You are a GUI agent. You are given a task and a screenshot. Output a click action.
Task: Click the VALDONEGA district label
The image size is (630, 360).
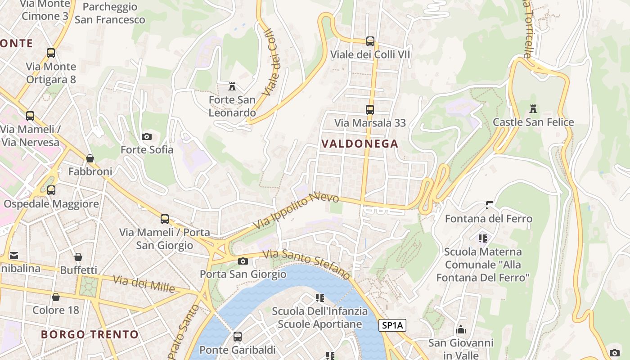point(360,144)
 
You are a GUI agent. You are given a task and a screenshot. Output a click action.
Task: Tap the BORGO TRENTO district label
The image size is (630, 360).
point(90,334)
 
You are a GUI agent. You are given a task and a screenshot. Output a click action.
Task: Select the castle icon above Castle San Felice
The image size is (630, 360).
point(533,108)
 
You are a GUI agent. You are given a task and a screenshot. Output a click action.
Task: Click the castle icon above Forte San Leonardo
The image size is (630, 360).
point(232,86)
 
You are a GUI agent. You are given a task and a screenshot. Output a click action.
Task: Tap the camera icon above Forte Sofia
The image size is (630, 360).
point(147,136)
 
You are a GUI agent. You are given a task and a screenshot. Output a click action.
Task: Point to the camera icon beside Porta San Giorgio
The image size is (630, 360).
point(243,261)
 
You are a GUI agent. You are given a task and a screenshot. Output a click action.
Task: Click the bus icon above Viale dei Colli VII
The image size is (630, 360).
point(370,41)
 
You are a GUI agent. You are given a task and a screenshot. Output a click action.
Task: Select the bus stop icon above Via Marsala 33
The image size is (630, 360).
point(370,110)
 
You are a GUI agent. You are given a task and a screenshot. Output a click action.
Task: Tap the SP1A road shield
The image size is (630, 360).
point(392,325)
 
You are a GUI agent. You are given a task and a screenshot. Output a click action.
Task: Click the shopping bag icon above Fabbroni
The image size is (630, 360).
point(90,158)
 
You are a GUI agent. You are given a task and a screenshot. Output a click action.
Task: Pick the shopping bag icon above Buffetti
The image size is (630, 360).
point(78,257)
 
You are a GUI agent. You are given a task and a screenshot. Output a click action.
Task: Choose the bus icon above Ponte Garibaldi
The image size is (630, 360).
point(237,336)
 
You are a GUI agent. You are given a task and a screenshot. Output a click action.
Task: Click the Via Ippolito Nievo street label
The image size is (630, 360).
point(296,211)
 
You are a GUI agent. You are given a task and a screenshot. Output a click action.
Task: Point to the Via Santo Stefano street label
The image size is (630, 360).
point(306,264)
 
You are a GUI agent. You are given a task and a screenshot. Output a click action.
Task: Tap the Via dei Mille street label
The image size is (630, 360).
point(144,284)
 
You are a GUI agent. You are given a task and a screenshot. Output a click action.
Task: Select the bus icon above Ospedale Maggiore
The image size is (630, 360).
point(51,190)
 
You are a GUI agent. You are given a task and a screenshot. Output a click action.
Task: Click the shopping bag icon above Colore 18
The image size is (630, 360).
point(56,297)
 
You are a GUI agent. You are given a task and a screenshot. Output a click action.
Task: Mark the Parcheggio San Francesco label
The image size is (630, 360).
point(110,13)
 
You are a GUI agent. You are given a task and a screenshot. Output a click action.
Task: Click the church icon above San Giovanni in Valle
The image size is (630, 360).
point(461,329)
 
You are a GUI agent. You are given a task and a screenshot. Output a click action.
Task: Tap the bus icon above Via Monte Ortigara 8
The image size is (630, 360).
point(51,53)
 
